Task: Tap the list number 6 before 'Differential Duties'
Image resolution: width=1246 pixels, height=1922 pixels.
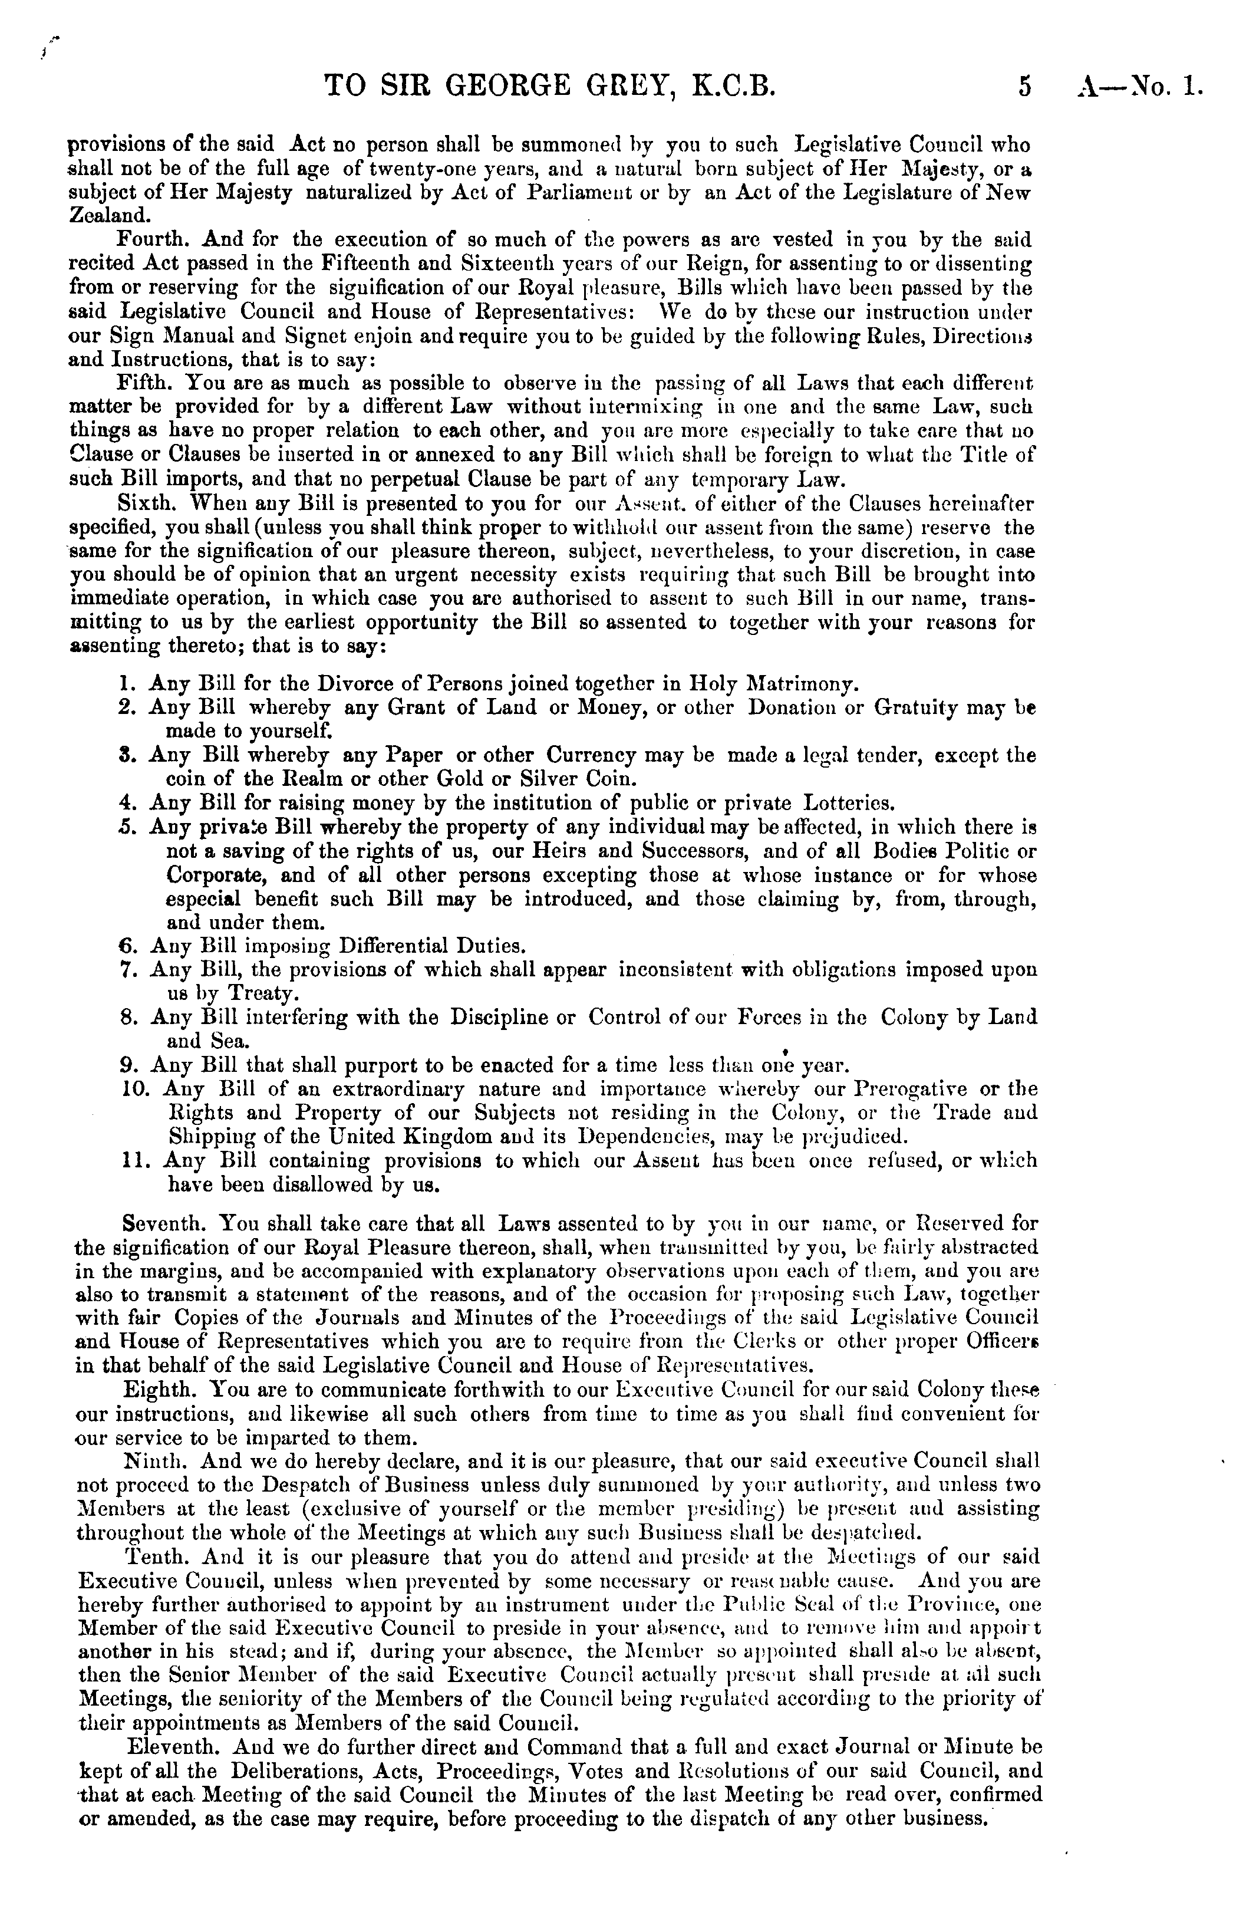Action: tap(125, 945)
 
